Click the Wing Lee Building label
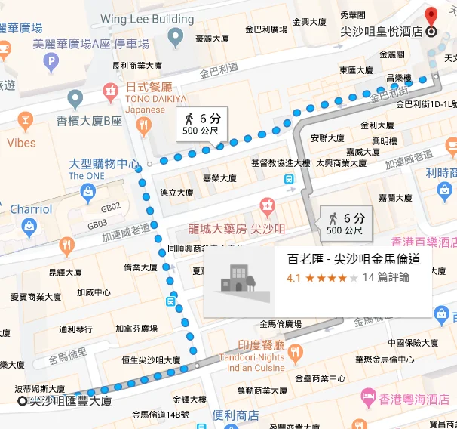[x=147, y=18]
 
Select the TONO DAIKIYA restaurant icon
[x=112, y=91]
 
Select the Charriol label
[x=31, y=209]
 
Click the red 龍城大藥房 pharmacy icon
[x=266, y=205]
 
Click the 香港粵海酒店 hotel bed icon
[x=369, y=396]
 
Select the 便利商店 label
[x=235, y=415]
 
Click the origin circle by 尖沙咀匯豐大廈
[x=22, y=401]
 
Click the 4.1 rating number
[x=294, y=278]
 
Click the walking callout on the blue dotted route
[x=201, y=124]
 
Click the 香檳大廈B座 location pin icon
[x=75, y=98]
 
